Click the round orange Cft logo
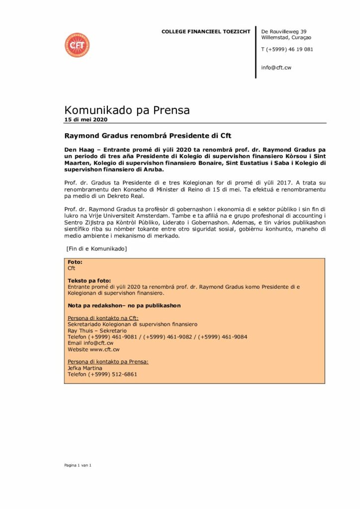tap(77, 45)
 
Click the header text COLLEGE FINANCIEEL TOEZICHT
tap(206, 32)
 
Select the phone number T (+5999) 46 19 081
tap(287, 49)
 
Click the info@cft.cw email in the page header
tap(276, 67)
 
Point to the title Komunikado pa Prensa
tap(127, 110)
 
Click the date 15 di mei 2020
tap(86, 120)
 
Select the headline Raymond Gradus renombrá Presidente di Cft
tap(148, 135)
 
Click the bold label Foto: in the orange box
tap(75, 262)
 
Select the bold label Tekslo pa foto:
tap(89, 281)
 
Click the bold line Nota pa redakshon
tap(124, 305)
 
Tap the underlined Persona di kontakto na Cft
tap(103, 318)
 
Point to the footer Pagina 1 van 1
tap(78, 465)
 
